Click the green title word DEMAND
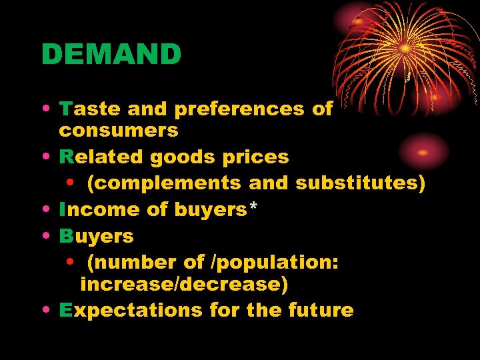pyautogui.click(x=111, y=55)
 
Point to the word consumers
pyautogui.click(x=119, y=130)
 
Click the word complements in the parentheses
pyautogui.click(x=165, y=183)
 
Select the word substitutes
pyautogui.click(x=360, y=183)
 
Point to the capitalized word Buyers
pyautogui.click(x=96, y=237)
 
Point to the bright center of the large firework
pyautogui.click(x=405, y=48)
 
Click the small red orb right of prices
pyautogui.click(x=423, y=151)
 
